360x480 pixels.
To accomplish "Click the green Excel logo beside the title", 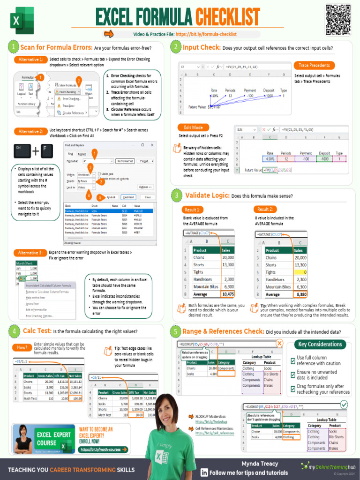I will click(x=20, y=20).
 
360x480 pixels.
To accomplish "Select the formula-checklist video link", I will click(x=206, y=34).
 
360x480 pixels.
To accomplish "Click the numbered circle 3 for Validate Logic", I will click(x=177, y=195).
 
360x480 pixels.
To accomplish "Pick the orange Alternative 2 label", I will click(x=30, y=132).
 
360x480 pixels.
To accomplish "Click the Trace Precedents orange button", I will click(x=315, y=66).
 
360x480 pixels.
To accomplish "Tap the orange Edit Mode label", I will click(x=193, y=127).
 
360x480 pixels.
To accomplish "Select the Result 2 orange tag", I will click(x=265, y=210).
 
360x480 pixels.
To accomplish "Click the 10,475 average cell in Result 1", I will click(x=228, y=294).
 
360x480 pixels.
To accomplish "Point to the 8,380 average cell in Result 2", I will click(x=300, y=294).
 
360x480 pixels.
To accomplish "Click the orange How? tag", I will click(x=22, y=347).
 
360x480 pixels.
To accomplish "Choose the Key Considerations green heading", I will click(x=320, y=345).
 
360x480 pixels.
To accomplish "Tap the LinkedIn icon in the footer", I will click(x=204, y=472).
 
